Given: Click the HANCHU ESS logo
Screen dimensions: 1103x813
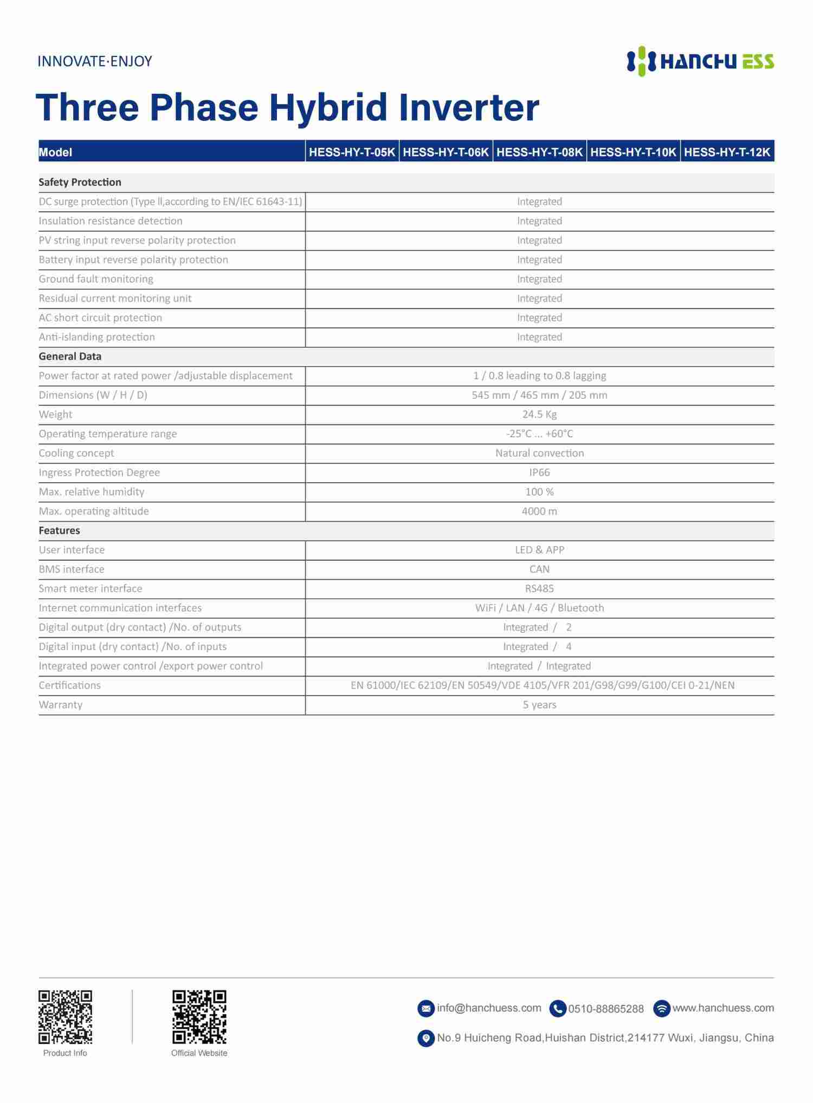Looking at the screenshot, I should [700, 61].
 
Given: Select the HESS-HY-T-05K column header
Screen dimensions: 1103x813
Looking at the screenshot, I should [352, 152].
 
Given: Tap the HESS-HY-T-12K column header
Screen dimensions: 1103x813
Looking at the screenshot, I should [727, 152].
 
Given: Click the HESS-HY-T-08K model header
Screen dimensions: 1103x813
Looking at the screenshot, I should [539, 152].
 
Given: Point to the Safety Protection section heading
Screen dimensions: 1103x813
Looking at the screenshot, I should [80, 182].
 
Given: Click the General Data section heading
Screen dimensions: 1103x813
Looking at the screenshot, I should [70, 356].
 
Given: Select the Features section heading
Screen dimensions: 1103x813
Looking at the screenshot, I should [59, 530].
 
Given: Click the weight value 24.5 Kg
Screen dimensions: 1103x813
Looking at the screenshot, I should [539, 414].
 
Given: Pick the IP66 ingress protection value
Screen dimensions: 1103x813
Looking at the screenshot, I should [539, 472].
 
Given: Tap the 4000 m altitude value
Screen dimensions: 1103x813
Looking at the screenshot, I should [539, 511].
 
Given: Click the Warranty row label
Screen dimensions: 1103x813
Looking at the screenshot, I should [60, 704].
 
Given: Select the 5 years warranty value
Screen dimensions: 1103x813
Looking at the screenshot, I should [539, 704].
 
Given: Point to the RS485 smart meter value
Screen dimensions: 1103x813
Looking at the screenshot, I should [539, 588].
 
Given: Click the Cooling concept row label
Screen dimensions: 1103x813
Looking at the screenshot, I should [76, 453].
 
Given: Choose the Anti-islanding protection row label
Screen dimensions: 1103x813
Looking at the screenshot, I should [96, 337].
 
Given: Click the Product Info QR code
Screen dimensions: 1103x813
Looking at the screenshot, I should [65, 1017].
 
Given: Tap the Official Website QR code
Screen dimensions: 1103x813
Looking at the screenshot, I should [199, 1017].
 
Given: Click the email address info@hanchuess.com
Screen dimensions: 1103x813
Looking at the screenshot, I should [489, 1008].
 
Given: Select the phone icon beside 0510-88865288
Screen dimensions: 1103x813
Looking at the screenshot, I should [558, 1009].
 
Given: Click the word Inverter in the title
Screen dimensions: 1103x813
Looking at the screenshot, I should [469, 107].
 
